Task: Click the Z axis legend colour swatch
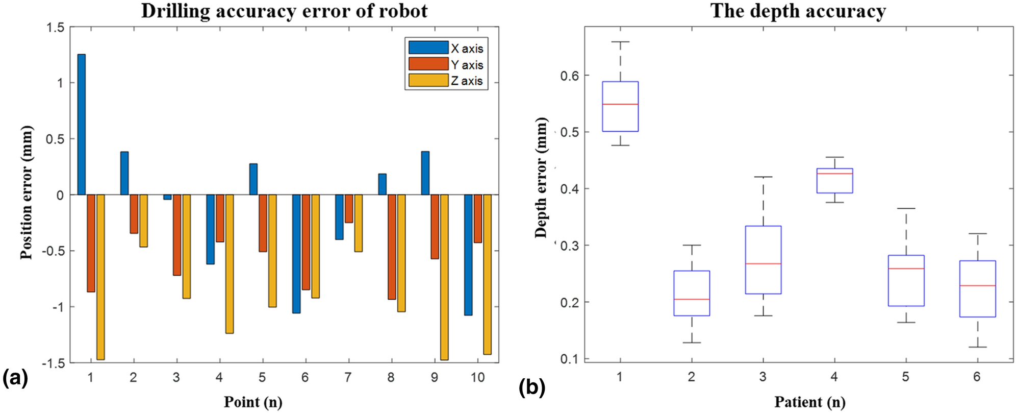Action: (428, 81)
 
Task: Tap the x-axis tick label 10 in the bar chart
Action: (477, 378)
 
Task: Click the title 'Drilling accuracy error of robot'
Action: (284, 11)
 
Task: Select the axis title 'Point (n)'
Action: (253, 402)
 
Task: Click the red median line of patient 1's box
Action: (620, 104)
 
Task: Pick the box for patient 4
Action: (834, 181)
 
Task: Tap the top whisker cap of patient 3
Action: (763, 177)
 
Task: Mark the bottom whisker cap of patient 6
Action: (977, 347)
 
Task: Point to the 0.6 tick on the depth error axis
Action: (569, 76)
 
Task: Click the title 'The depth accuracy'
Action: (798, 11)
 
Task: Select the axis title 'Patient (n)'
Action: (809, 402)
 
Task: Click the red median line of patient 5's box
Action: (906, 269)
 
